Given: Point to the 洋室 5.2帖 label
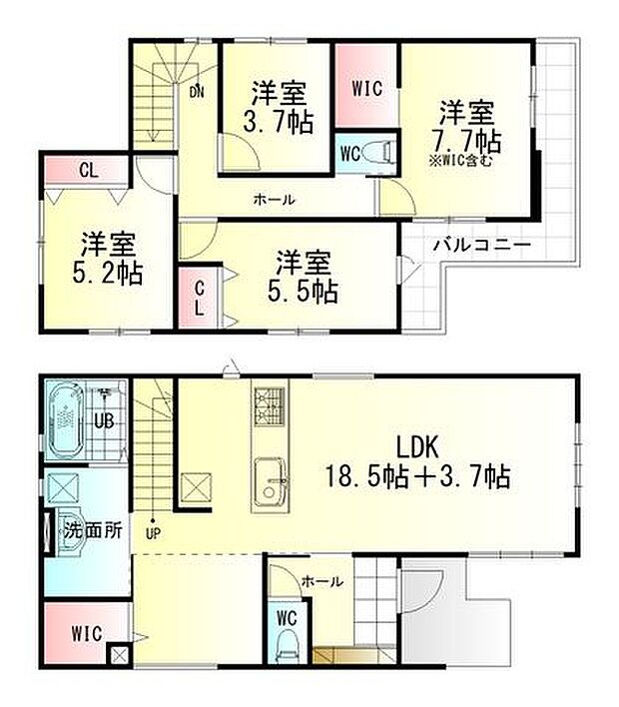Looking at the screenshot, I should (111, 258).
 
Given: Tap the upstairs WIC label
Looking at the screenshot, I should (367, 86).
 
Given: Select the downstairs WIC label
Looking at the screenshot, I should (87, 632).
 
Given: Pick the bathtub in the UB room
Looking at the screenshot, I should (67, 417).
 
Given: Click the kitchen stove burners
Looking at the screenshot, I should (270, 405).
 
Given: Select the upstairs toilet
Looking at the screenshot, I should (377, 153).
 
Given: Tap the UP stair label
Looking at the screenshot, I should (153, 533).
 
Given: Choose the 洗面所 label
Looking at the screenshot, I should (93, 530).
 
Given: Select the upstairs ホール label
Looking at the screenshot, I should (274, 200).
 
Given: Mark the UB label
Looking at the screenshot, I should (103, 421).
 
